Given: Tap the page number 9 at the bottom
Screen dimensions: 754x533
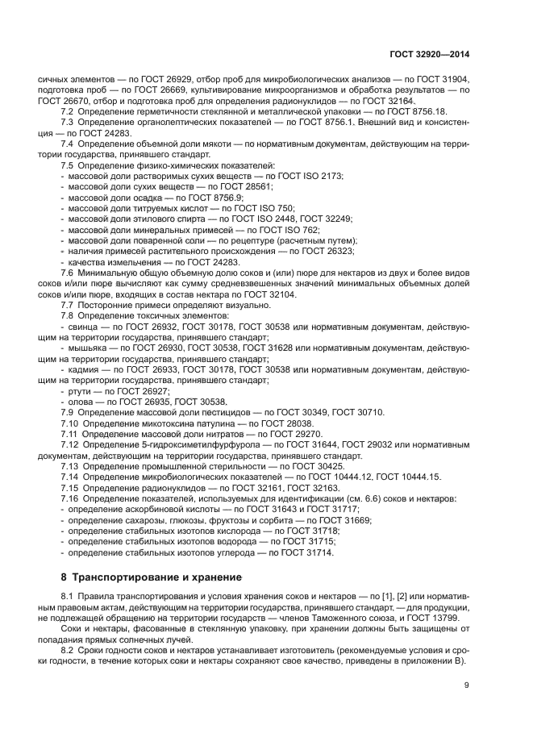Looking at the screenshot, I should [467, 685].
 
